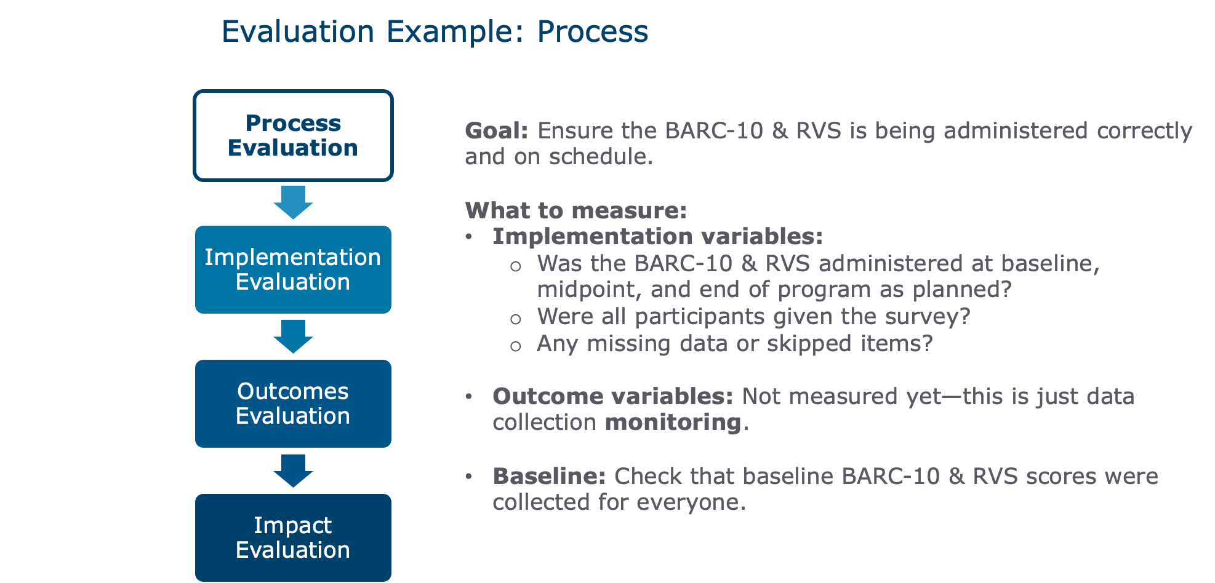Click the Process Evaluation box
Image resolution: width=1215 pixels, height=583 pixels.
tap(293, 135)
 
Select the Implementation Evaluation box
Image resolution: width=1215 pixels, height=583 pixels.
tap(293, 269)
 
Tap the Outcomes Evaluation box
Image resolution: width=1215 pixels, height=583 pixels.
tap(293, 403)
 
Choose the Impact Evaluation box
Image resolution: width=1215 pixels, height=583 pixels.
tap(293, 537)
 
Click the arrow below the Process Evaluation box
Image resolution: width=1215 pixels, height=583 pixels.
tap(293, 202)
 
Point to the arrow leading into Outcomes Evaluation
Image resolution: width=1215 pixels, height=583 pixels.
tap(293, 336)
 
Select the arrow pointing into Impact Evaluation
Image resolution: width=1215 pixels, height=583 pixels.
tap(293, 471)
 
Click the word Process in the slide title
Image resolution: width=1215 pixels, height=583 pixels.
tap(593, 31)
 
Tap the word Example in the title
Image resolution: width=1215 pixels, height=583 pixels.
tap(455, 31)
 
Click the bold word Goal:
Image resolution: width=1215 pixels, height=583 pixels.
tap(497, 131)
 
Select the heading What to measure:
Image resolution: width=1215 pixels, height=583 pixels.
tap(576, 210)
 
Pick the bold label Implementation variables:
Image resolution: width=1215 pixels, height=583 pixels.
tap(658, 237)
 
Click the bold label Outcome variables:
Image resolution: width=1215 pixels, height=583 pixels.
tap(613, 397)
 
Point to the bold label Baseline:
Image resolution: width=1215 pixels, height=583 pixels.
tap(550, 477)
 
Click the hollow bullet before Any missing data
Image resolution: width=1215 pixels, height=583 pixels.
tap(516, 346)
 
